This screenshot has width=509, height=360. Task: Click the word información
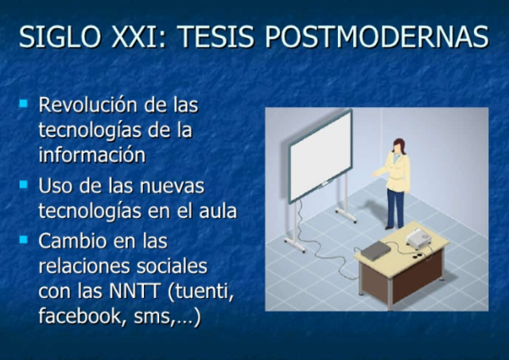point(91,154)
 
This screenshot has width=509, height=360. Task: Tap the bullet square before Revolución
point(24,104)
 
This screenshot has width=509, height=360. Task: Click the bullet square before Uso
point(24,186)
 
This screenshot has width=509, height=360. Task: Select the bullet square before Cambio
point(24,239)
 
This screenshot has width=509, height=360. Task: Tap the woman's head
point(399,145)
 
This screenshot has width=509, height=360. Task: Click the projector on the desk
point(418,237)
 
